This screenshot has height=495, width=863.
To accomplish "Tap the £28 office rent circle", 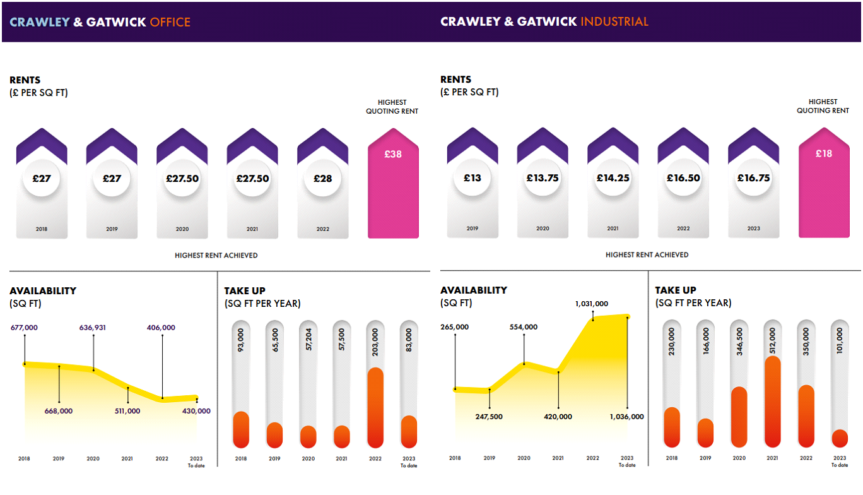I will [x=322, y=179].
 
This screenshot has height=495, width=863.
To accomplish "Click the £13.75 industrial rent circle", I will [x=543, y=178].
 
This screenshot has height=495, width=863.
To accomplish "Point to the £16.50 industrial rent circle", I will [x=683, y=178].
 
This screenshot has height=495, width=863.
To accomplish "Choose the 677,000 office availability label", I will [x=25, y=328].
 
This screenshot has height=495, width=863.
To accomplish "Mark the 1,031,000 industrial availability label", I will [x=592, y=304].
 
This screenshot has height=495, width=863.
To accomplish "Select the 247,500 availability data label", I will [x=489, y=417].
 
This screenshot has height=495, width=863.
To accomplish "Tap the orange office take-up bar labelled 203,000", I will [x=375, y=408].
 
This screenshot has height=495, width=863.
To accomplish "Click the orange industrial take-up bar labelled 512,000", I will [x=772, y=402].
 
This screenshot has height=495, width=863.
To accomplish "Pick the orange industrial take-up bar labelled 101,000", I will [x=840, y=438].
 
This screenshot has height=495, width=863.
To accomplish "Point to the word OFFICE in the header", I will [x=170, y=22].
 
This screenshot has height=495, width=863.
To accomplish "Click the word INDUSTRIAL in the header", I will [x=614, y=21].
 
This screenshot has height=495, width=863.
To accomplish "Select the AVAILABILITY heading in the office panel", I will [x=43, y=291].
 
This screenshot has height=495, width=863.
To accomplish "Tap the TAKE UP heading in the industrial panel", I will [x=676, y=290].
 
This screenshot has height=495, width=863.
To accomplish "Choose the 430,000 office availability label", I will [x=197, y=411].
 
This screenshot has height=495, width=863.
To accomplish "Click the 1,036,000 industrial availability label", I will [x=627, y=417].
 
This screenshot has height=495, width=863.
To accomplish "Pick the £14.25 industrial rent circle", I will [x=613, y=178].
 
